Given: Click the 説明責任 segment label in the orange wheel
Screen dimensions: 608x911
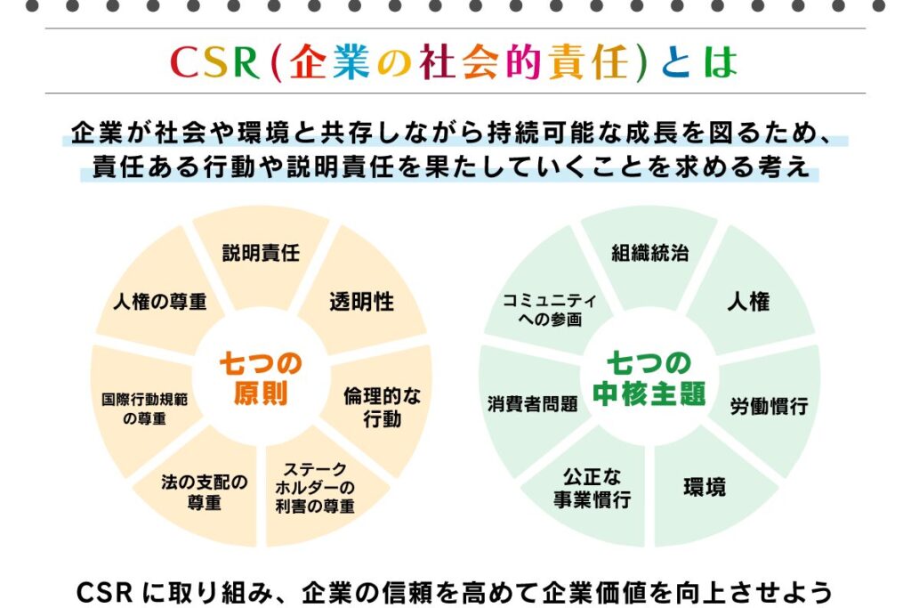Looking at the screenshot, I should click(261, 253).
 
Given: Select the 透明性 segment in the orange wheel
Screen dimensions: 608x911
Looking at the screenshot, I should click(361, 302).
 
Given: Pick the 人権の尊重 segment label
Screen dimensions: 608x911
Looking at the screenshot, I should click(160, 302).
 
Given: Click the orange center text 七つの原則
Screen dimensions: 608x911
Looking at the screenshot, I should click(261, 378).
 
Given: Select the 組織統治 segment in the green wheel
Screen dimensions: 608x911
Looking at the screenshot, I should click(649, 253).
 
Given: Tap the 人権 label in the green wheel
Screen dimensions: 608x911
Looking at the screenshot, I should click(748, 302).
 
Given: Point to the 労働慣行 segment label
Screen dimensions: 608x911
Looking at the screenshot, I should click(770, 406).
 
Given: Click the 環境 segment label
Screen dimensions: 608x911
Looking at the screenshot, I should click(705, 487).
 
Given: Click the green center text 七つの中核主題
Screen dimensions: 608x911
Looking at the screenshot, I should click(649, 378).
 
